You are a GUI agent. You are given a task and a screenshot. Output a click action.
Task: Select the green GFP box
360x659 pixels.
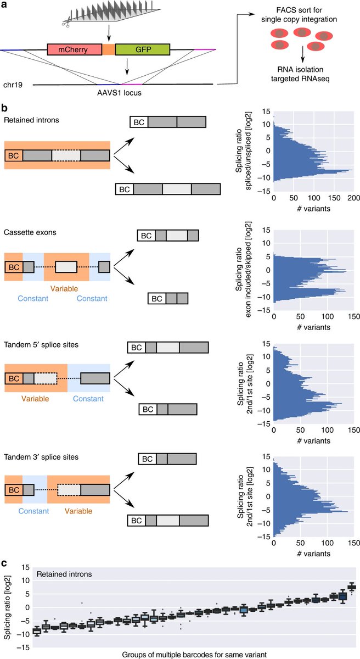point(143,51)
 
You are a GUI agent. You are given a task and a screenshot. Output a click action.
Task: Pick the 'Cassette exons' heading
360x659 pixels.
point(31,232)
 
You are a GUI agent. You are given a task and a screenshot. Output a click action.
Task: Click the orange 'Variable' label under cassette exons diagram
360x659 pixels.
point(66,288)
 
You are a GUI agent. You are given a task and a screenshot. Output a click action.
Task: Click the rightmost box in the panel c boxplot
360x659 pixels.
point(352,587)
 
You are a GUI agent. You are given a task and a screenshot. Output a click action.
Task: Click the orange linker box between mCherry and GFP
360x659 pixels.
point(109,51)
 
